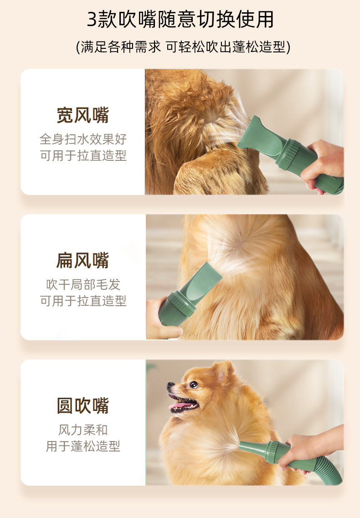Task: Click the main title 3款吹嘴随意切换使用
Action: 180,20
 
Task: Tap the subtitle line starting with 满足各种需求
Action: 183,47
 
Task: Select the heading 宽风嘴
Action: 82,115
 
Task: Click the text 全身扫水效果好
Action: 83,139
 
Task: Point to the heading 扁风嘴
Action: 82,260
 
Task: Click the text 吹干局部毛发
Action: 83,284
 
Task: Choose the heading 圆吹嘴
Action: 82,405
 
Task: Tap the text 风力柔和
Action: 83,430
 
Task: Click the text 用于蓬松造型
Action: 83,446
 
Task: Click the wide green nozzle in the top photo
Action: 261,136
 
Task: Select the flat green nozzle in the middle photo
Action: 202,284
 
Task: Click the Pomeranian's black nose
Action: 170,385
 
